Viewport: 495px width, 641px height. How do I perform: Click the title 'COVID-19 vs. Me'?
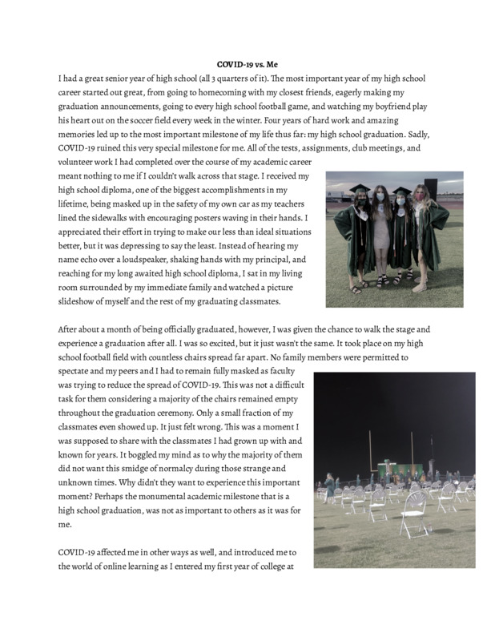pos(247,63)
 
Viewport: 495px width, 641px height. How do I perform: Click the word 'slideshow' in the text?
pos(82,301)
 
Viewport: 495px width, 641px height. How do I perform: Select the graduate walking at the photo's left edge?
pos(327,486)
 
